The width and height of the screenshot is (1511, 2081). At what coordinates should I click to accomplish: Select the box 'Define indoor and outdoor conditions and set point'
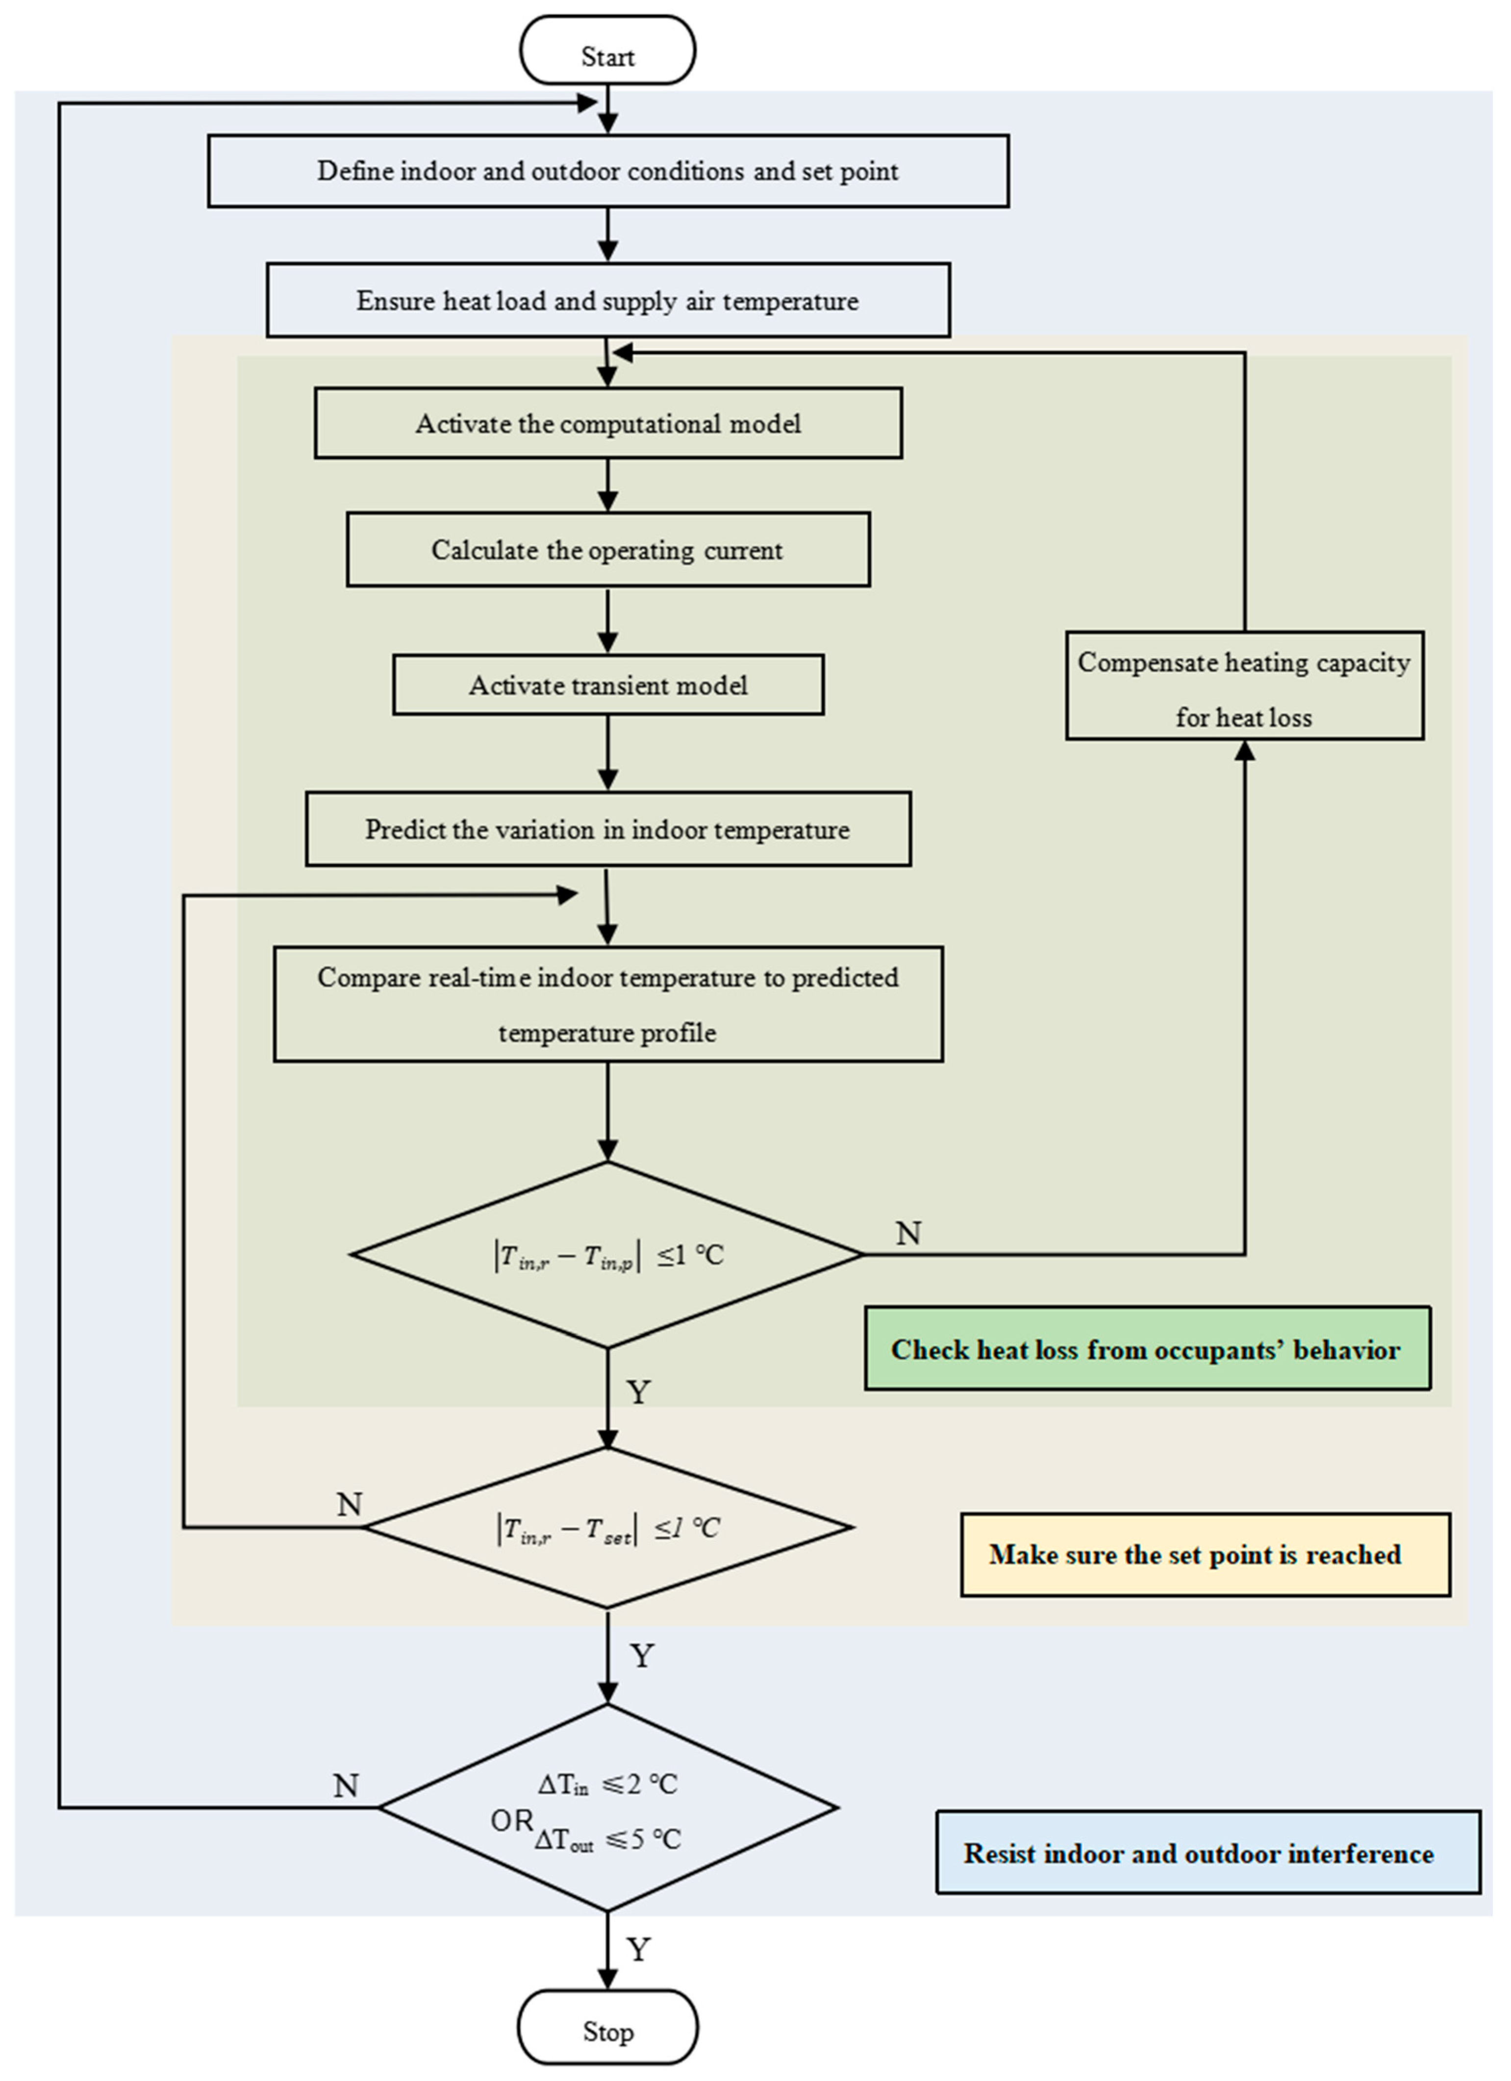pos(608,171)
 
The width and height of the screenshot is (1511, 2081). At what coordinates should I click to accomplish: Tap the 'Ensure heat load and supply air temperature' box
pos(608,300)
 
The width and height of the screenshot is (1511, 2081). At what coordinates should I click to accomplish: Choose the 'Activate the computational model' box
pos(608,423)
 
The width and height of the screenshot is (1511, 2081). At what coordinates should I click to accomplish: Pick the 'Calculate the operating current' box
pos(608,550)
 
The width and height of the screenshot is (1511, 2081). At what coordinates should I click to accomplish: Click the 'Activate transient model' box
pos(608,685)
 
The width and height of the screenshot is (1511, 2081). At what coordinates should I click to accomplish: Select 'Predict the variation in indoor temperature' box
pos(608,829)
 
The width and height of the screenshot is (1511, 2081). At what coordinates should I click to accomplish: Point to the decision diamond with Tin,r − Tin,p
pos(607,1254)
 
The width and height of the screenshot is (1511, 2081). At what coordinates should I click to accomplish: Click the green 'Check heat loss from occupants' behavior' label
pos(1147,1349)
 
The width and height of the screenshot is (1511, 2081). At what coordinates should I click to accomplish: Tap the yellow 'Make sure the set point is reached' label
pos(1206,1554)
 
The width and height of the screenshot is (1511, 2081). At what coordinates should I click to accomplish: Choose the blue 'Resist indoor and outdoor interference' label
pos(1208,1853)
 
